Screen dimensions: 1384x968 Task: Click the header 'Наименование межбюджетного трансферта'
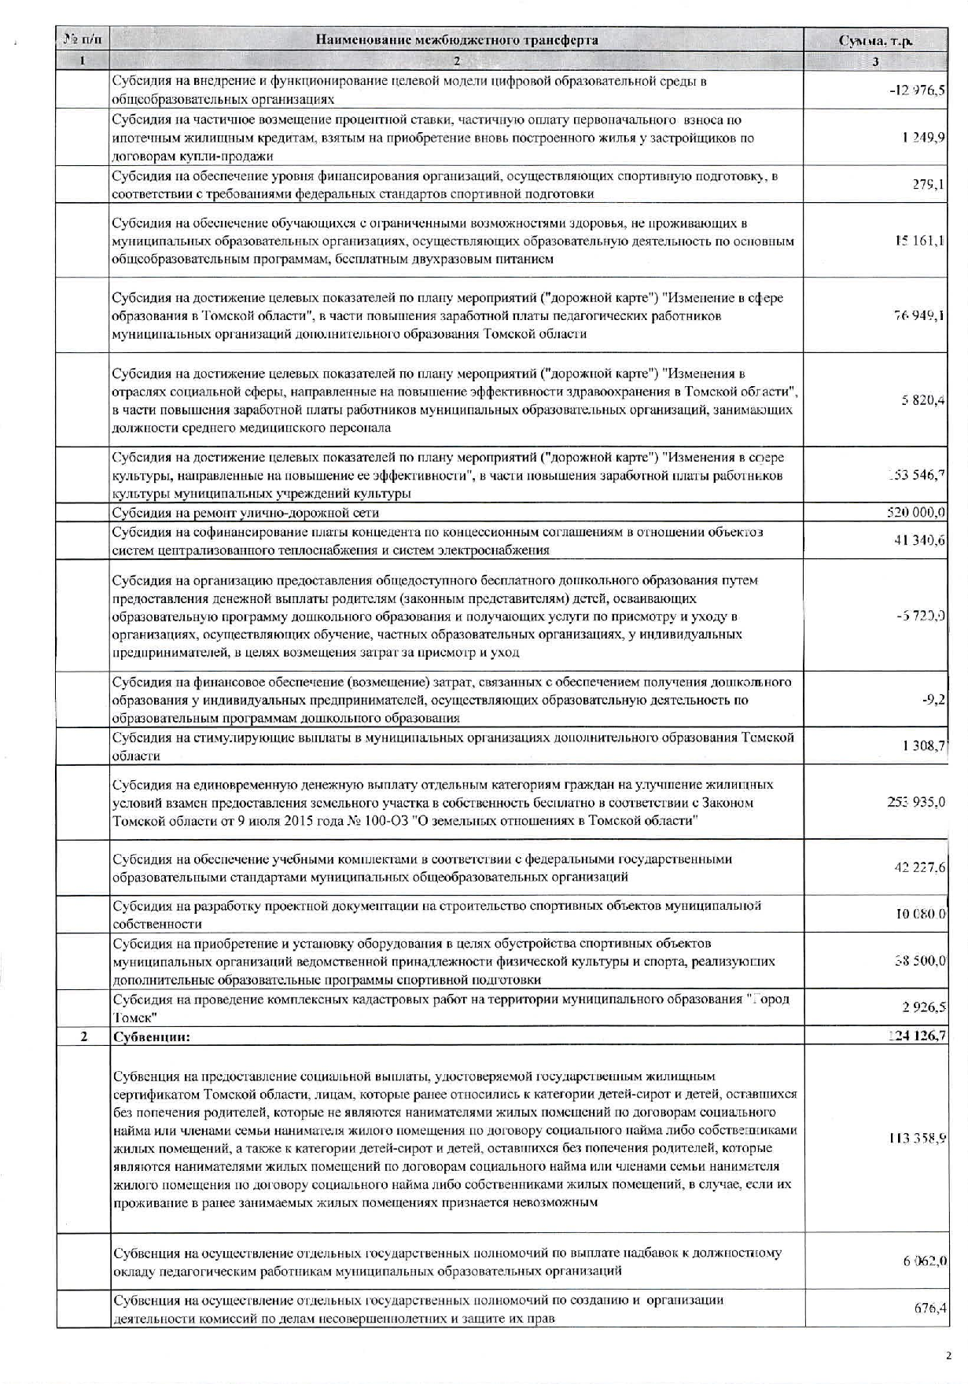[x=456, y=40]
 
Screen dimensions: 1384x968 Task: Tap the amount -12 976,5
[x=917, y=90]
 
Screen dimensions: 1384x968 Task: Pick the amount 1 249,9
[x=924, y=138]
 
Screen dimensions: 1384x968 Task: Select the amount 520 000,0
[x=916, y=513]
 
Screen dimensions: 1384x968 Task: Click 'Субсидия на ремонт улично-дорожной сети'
[x=245, y=513]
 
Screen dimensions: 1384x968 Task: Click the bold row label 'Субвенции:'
[x=152, y=1036]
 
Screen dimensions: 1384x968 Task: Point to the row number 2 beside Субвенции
[x=83, y=1036]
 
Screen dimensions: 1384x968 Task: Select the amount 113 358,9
[x=917, y=1138]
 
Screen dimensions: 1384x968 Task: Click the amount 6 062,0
[x=924, y=1261]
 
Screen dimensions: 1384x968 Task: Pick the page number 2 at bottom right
[x=948, y=1356]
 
